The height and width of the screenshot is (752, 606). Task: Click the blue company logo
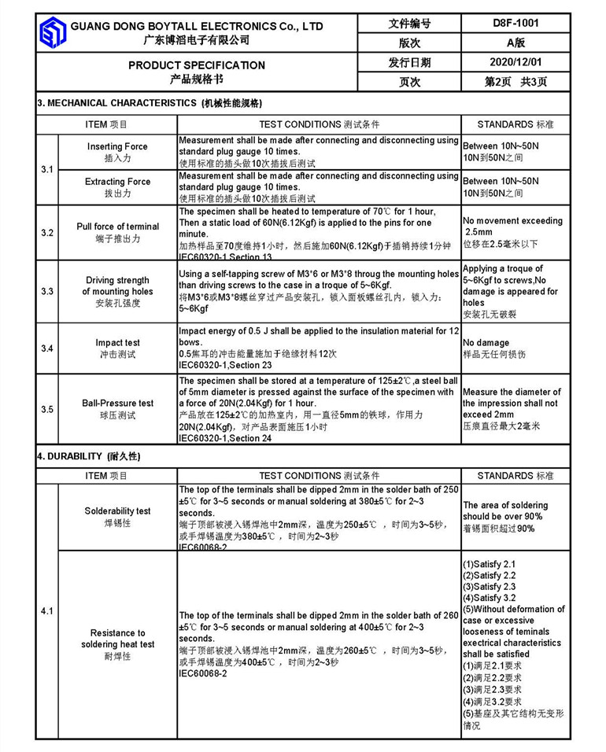point(53,32)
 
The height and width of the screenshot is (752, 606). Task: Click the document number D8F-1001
point(515,24)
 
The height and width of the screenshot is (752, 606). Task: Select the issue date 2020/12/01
point(515,62)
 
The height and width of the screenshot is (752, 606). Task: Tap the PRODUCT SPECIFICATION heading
point(197,65)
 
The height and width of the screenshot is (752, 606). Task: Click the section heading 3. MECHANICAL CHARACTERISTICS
point(150,103)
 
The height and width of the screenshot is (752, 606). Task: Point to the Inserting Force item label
point(117,147)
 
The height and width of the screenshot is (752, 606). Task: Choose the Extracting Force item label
point(117,182)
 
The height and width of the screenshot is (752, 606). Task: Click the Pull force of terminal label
point(117,227)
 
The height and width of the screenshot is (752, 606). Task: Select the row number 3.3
point(47,292)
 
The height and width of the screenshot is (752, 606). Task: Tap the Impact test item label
point(117,343)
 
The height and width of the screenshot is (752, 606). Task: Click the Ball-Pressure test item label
point(117,404)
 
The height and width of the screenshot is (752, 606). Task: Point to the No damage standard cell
point(486,343)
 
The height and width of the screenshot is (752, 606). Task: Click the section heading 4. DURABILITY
point(88,456)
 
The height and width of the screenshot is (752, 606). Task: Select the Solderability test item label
point(117,511)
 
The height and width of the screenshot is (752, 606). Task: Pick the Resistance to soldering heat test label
point(117,639)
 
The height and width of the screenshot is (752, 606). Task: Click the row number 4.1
point(47,611)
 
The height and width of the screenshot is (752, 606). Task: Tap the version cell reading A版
point(515,42)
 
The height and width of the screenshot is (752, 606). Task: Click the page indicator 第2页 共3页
point(515,82)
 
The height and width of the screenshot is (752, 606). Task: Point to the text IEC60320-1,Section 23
point(226,365)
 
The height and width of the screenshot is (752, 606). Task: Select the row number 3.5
point(47,409)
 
